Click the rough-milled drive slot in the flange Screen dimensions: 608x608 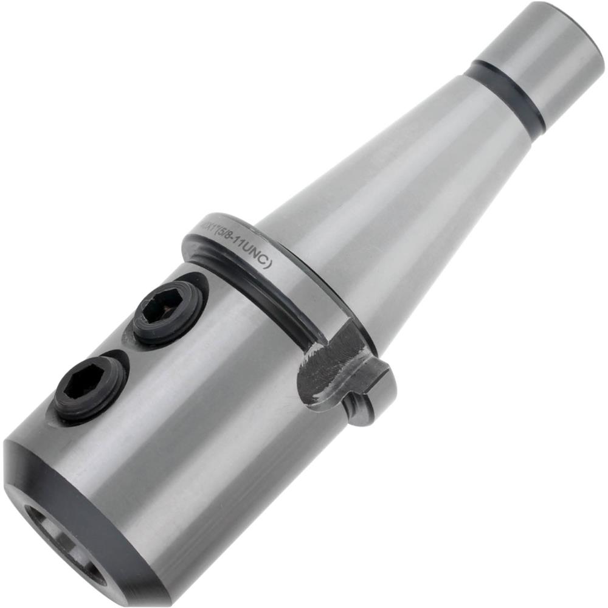pos(331,365)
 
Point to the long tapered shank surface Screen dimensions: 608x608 pos(389,182)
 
